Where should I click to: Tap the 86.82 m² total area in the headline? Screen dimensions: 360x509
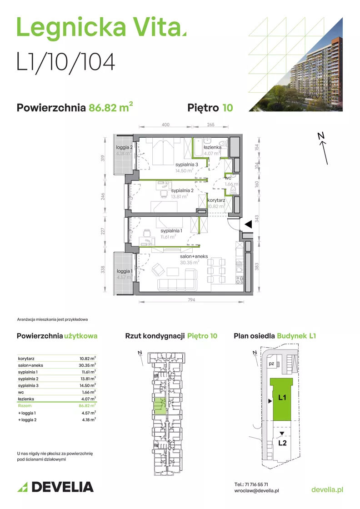pos(111,107)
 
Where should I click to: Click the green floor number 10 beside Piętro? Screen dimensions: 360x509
pos(228,108)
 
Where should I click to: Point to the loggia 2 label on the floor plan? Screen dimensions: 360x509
pos(124,147)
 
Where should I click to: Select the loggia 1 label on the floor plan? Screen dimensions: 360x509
pos(125,271)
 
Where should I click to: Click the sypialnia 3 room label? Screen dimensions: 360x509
pos(187,165)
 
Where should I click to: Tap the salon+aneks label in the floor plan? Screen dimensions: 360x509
pos(194,256)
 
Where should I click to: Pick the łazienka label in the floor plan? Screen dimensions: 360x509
pos(213,147)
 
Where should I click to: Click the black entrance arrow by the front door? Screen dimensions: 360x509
pos(248,224)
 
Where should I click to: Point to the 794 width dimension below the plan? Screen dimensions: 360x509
pos(191,299)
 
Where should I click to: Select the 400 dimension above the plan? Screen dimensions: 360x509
pos(165,125)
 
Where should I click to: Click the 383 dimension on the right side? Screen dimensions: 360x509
pos(257,266)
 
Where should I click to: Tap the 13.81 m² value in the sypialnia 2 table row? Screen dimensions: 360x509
pos(88,379)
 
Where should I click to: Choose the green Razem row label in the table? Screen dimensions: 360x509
pos(25,406)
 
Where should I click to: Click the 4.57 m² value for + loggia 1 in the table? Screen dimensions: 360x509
pos(89,413)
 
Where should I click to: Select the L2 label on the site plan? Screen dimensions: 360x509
pos(282,443)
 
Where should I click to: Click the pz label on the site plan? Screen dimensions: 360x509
pos(271,364)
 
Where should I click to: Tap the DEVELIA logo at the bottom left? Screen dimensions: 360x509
pos(55,487)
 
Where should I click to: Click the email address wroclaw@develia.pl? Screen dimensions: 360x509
pos(256,491)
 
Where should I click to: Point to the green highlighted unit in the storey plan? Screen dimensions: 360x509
pos(160,406)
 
